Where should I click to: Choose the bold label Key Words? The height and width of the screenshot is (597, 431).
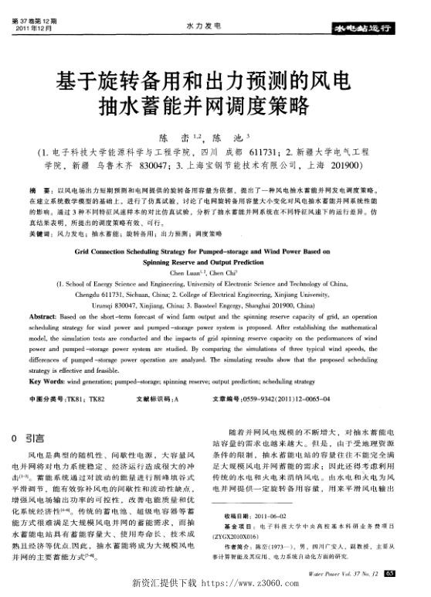(48, 381)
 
